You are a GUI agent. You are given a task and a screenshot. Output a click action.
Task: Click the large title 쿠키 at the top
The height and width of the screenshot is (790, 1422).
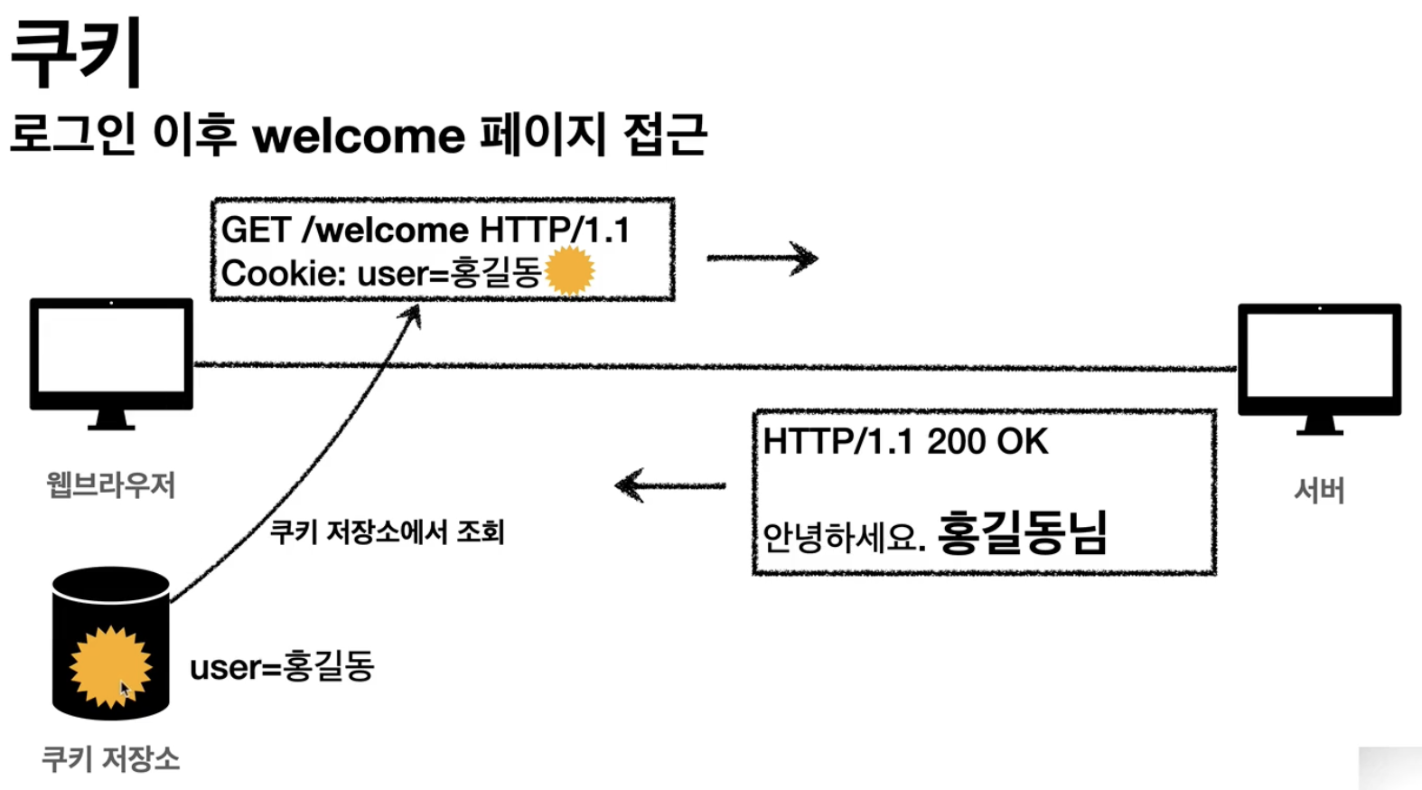[76, 52]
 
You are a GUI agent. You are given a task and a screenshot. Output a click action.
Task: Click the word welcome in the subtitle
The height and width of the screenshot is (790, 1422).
[359, 136]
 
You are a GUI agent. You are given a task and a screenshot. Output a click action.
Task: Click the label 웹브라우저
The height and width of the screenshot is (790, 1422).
[111, 485]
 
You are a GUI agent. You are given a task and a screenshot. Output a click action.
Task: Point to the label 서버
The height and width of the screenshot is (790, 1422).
[1319, 491]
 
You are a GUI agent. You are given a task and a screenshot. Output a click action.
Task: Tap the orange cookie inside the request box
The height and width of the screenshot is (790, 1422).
[570, 269]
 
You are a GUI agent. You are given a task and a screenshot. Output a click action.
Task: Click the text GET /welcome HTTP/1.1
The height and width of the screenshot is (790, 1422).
[425, 230]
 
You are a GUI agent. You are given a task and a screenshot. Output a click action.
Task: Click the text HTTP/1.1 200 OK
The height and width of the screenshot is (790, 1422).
[905, 442]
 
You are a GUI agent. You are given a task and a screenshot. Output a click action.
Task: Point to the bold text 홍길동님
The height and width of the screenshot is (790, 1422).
[1022, 532]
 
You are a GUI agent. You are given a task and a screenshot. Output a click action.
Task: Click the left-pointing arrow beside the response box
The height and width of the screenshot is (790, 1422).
[670, 485]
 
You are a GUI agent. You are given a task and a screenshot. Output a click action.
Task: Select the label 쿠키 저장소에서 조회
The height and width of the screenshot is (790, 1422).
[387, 531]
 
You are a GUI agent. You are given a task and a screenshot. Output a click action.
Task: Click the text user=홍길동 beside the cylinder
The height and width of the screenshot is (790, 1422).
[282, 667]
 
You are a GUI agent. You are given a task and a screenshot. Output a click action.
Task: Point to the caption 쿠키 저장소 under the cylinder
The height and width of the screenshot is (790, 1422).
[111, 758]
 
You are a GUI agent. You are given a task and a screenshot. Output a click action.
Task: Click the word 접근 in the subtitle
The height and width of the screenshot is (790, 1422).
[665, 136]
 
